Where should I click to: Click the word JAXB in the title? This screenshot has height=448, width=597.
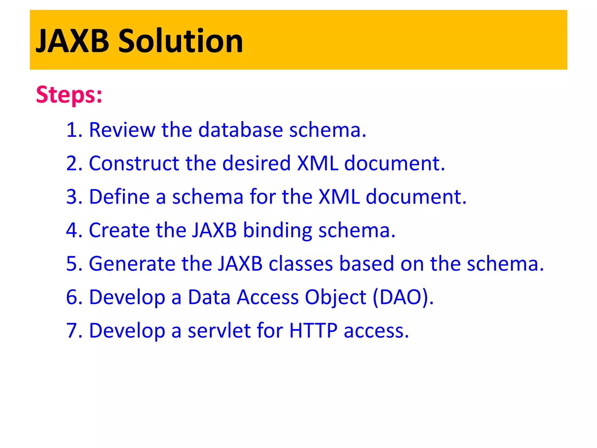[x=72, y=41]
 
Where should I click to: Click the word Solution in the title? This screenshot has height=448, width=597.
[x=180, y=41]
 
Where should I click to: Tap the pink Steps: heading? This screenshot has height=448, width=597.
[x=69, y=95]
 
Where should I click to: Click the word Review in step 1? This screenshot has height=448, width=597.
[x=122, y=130]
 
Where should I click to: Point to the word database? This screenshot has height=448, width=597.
[x=240, y=130]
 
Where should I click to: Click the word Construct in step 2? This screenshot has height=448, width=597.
[x=134, y=163]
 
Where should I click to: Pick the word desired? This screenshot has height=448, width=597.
[x=257, y=163]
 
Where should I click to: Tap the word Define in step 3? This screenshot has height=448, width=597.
[x=120, y=197]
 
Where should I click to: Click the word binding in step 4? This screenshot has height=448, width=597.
[x=277, y=231]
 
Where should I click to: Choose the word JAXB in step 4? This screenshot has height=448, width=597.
[x=214, y=230]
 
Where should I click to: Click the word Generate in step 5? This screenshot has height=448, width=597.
[x=132, y=264]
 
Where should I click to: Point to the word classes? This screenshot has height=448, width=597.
[x=301, y=264]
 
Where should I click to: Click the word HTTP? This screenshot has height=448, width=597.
[x=313, y=331]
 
